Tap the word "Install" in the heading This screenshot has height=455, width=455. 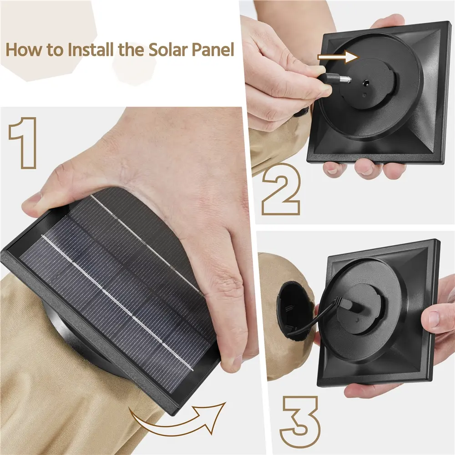click(x=91, y=50)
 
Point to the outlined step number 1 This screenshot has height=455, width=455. click(x=23, y=143)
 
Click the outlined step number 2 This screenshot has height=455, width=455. click(x=281, y=189)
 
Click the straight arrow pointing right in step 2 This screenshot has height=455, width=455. click(x=338, y=57)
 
